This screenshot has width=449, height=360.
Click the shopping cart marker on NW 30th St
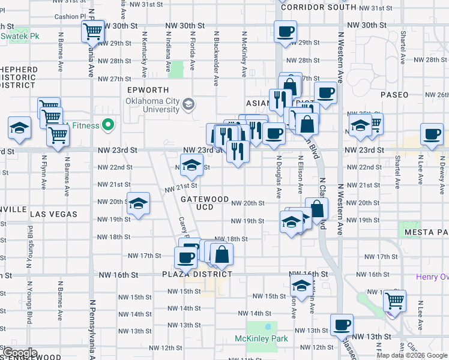click(x=92, y=31)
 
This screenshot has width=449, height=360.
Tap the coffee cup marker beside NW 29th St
click(x=285, y=31)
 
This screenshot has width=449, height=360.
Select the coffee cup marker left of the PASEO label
click(x=325, y=92)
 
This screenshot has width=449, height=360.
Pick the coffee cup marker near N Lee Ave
click(x=432, y=134)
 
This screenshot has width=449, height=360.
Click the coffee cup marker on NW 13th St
click(x=342, y=325)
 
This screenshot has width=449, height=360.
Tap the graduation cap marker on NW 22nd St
click(x=191, y=164)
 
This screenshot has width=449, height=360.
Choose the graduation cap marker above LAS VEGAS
click(x=138, y=203)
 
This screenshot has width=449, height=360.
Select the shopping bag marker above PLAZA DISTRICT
click(x=221, y=254)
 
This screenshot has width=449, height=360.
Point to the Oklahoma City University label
click(x=152, y=105)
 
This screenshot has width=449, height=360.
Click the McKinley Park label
click(x=261, y=339)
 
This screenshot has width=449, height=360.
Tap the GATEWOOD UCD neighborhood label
click(x=204, y=203)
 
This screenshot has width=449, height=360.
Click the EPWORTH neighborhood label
click(x=144, y=89)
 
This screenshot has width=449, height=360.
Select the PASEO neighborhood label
click(x=394, y=95)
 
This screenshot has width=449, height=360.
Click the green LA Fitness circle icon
click(x=108, y=125)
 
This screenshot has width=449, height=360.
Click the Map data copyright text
click(x=412, y=355)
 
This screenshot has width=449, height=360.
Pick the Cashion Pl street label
click(x=67, y=17)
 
